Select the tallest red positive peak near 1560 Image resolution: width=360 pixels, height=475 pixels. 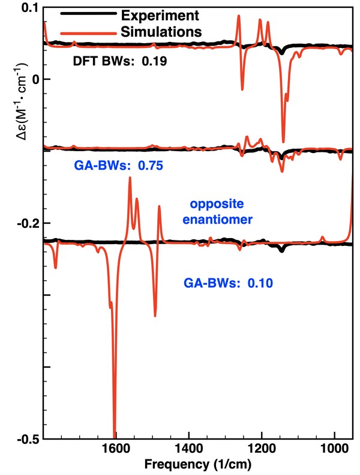point(130,179)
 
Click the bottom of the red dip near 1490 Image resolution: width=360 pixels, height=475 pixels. point(155,315)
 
